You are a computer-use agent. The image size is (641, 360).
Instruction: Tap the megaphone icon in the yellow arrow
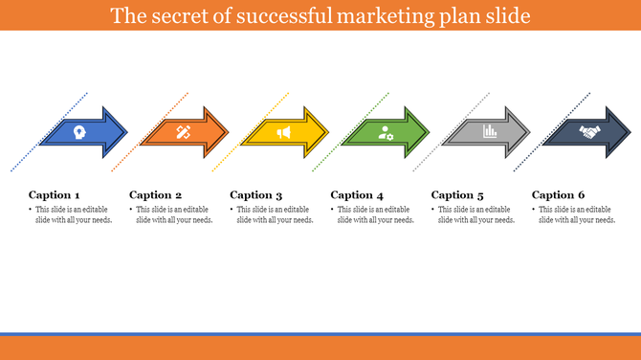click(x=284, y=133)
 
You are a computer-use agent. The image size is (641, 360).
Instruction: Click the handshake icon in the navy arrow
click(x=589, y=133)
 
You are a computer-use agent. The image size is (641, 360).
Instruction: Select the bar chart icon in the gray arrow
click(x=490, y=132)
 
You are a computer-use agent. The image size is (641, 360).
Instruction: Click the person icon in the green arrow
click(x=386, y=133)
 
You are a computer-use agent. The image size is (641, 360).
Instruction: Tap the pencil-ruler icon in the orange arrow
click(x=183, y=133)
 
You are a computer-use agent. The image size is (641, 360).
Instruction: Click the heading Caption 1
click(x=55, y=195)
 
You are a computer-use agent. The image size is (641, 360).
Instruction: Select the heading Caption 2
click(x=155, y=195)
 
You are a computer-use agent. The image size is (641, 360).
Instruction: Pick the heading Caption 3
click(x=256, y=195)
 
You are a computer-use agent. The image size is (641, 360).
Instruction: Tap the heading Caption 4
click(x=357, y=195)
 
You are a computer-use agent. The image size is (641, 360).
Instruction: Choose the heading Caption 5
click(x=457, y=195)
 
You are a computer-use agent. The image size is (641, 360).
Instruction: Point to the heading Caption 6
click(x=559, y=195)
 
